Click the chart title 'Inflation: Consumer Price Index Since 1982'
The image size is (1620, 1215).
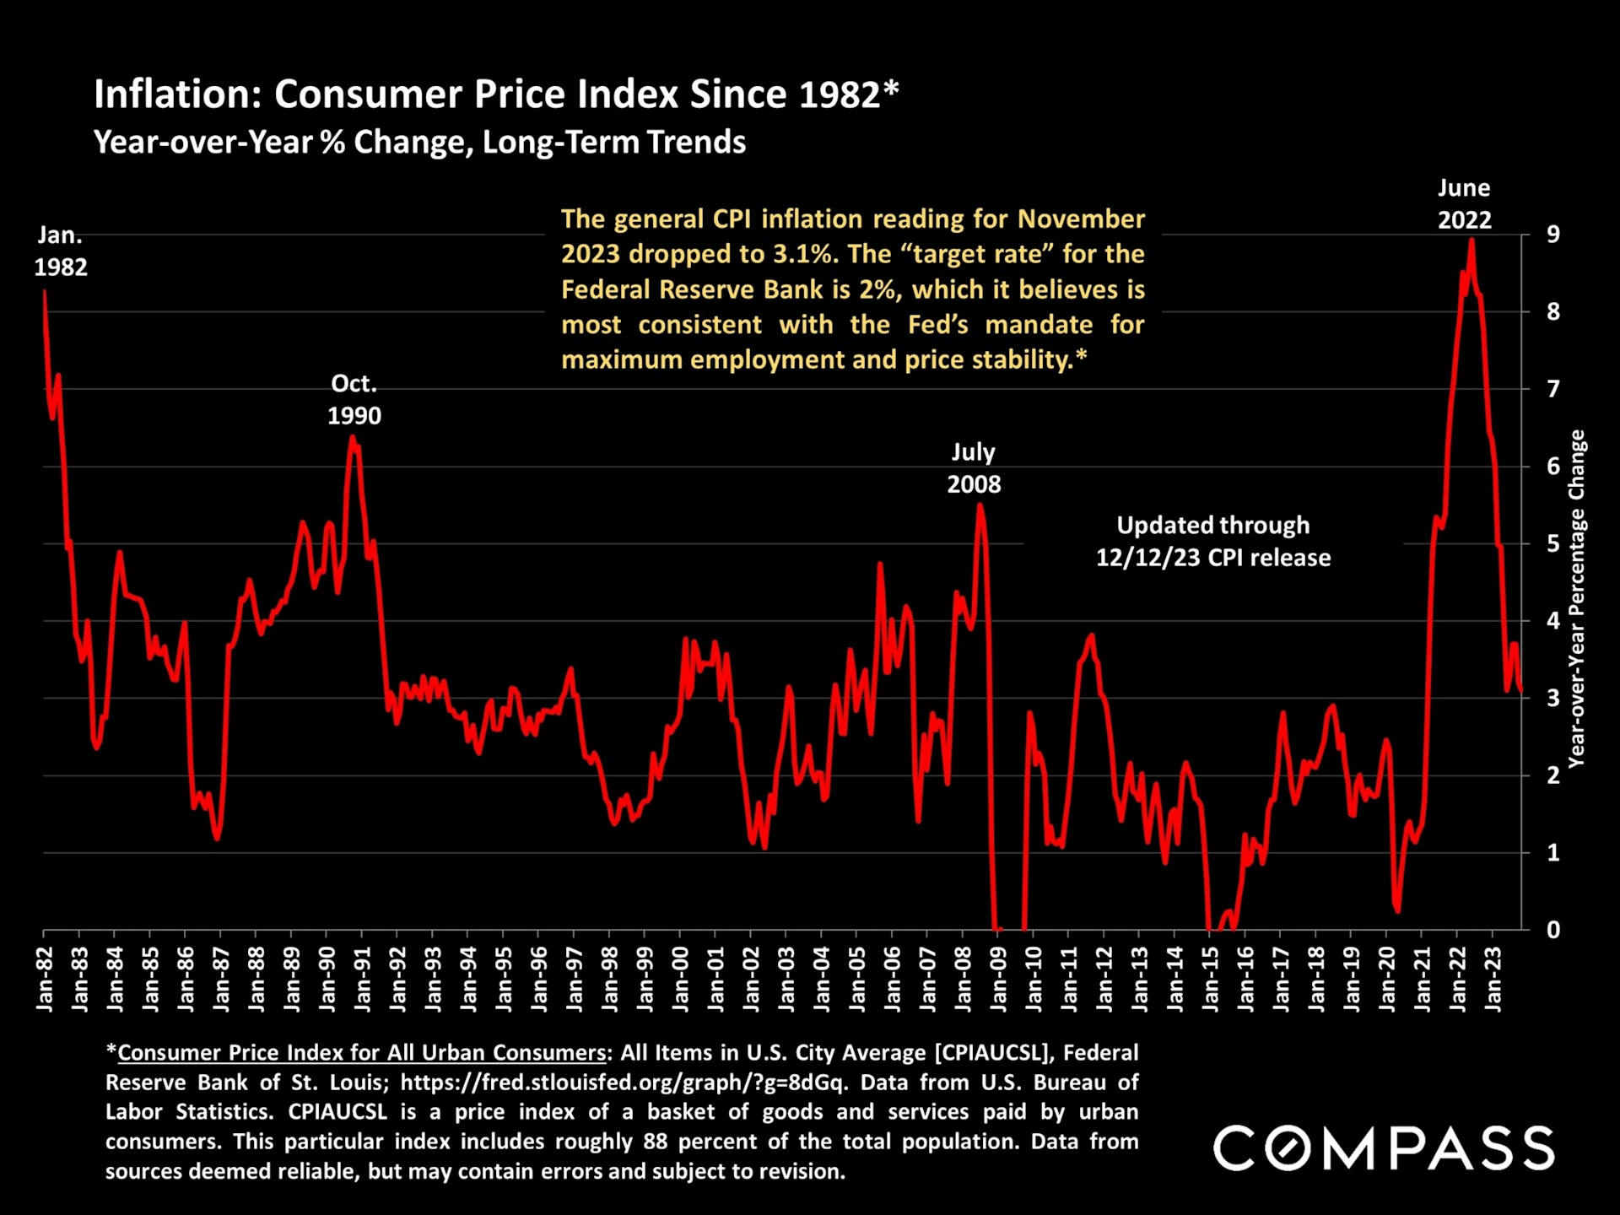click(x=496, y=94)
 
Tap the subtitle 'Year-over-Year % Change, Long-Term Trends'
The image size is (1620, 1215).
click(x=419, y=143)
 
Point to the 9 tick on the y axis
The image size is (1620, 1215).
click(x=1552, y=235)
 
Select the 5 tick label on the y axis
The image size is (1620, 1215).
click(x=1552, y=543)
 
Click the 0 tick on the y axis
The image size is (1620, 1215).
click(x=1552, y=930)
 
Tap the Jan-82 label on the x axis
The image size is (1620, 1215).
click(x=45, y=979)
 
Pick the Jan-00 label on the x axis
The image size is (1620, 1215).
click(x=681, y=979)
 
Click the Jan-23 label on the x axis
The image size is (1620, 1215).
click(x=1493, y=979)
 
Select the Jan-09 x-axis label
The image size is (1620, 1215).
click(x=998, y=979)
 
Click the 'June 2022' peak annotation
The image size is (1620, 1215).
click(x=1464, y=204)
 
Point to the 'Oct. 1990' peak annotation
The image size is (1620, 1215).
click(x=354, y=399)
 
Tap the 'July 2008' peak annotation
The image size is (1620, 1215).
click(x=974, y=468)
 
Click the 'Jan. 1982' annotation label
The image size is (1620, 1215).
click(x=60, y=251)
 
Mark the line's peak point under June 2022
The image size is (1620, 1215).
click(x=1471, y=240)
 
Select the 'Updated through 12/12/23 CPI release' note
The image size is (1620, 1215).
click(x=1212, y=541)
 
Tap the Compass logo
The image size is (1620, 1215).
click(x=1383, y=1147)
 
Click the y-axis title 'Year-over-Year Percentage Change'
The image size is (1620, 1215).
click(x=1576, y=599)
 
